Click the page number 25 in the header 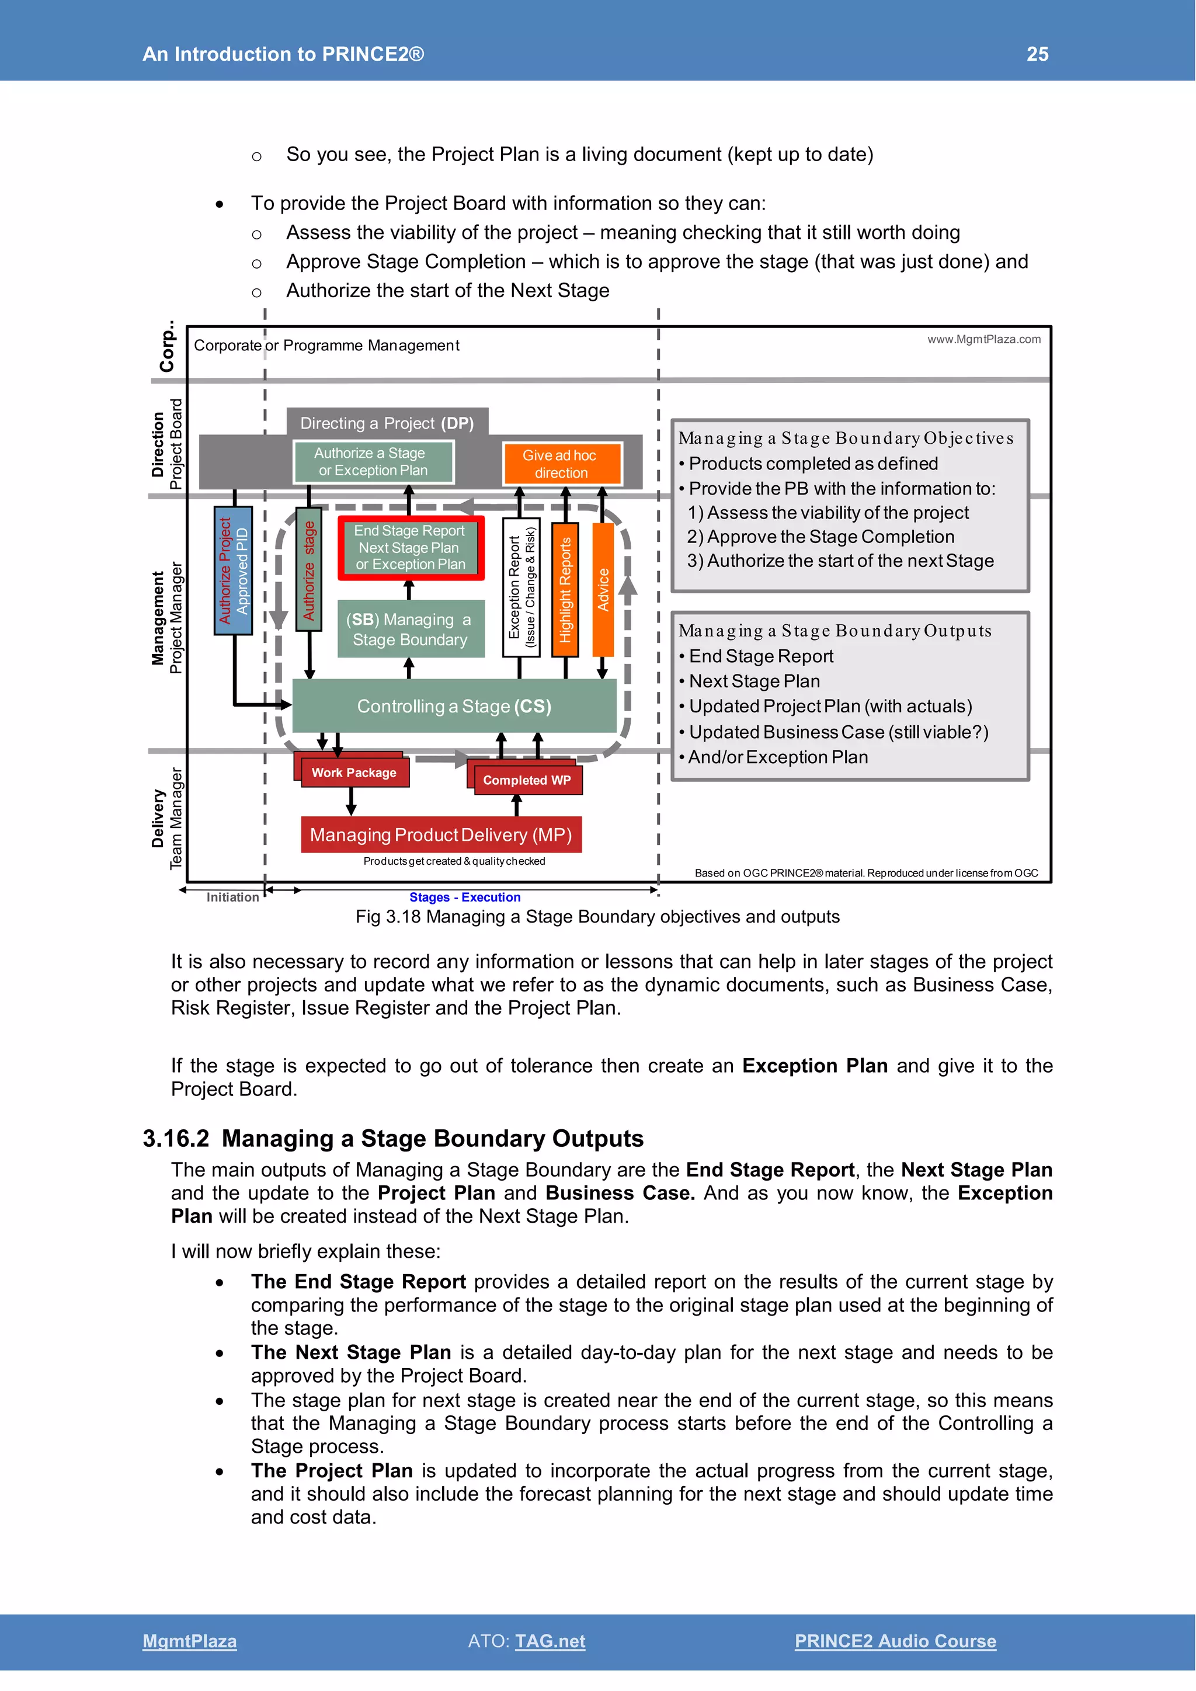coord(1037,54)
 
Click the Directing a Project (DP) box coord(387,423)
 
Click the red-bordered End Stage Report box coord(410,547)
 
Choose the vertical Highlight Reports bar coord(565,589)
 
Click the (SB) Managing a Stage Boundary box coord(410,629)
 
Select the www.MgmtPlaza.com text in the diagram coord(983,339)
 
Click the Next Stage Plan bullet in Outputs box coord(753,681)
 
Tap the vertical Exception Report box coord(521,587)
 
